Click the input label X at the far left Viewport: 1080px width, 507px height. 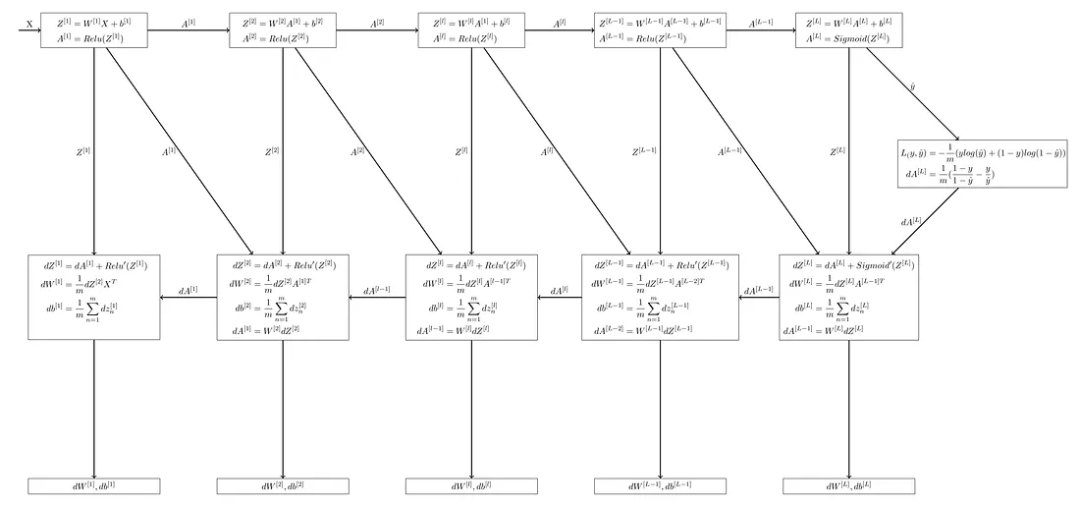(x=28, y=23)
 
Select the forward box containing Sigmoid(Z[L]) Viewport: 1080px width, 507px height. (x=848, y=30)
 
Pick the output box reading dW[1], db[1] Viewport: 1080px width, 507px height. (x=94, y=486)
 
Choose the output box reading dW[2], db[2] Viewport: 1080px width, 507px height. (x=283, y=486)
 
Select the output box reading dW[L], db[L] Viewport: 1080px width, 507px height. (x=848, y=486)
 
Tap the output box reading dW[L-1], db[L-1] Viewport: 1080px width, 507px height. (x=660, y=486)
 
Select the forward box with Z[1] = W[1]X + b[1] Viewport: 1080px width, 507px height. (x=94, y=30)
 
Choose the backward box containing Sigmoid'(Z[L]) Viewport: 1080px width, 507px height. (x=848, y=297)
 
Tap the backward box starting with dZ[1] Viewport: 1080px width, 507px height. (x=94, y=297)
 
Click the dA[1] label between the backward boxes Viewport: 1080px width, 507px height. (x=188, y=291)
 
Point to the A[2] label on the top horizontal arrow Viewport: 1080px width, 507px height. (x=376, y=22)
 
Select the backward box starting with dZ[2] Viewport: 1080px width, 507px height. (x=283, y=297)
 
